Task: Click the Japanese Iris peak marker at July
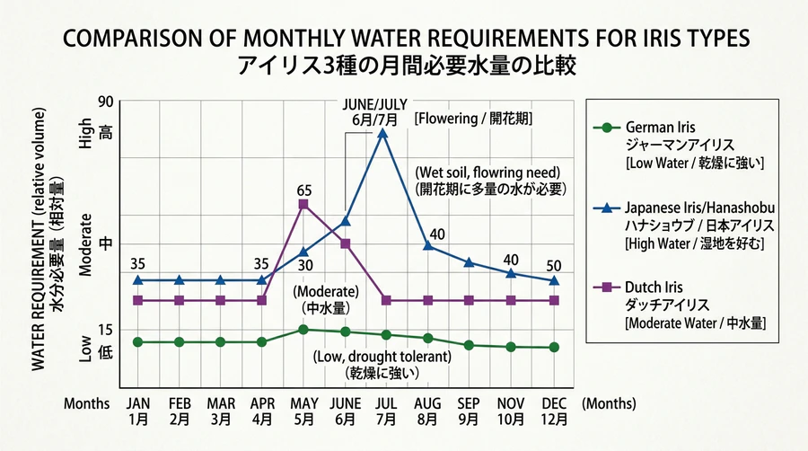point(383,134)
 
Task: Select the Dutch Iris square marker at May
point(303,205)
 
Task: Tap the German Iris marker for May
point(303,330)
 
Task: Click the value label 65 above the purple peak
point(303,190)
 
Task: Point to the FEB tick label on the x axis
point(180,403)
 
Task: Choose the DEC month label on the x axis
point(554,403)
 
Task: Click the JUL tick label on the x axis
point(383,403)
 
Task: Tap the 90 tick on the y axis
point(106,102)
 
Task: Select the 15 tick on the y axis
point(106,330)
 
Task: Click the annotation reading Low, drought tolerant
point(382,357)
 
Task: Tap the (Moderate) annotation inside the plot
point(326,292)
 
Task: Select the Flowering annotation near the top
point(465,118)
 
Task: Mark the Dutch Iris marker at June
point(345,243)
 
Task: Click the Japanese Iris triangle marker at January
point(137,280)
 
